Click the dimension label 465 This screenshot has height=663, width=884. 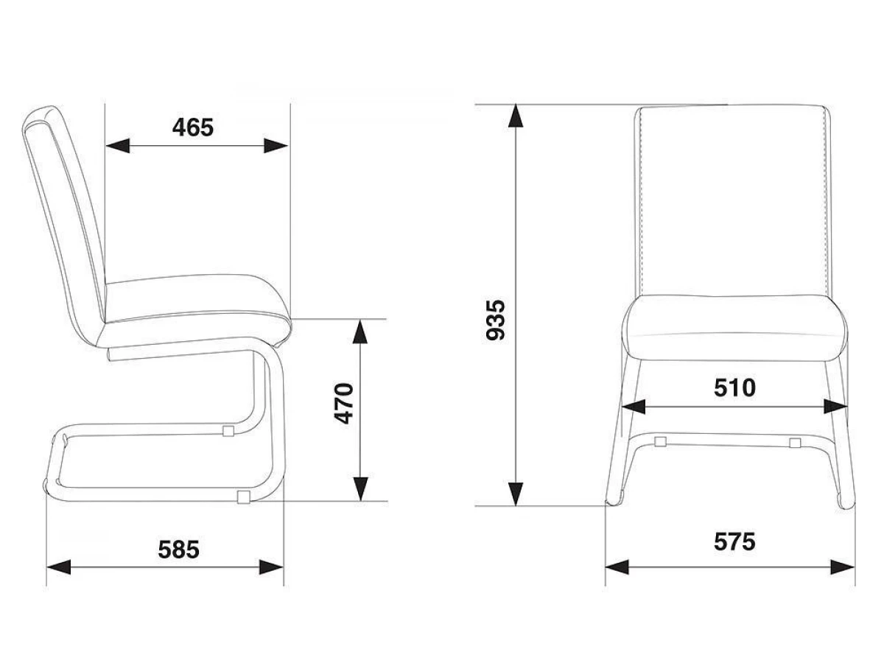[193, 128]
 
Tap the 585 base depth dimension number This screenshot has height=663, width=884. [178, 550]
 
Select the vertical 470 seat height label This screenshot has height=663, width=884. [344, 404]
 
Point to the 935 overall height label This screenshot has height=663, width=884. [495, 320]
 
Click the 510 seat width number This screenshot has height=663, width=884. [735, 388]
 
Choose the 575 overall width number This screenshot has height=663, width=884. [734, 541]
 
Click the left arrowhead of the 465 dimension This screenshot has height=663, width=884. [118, 146]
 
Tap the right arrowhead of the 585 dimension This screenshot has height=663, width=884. [271, 567]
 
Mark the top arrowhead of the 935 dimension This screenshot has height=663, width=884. [516, 116]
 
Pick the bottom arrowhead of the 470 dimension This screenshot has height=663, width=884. [360, 488]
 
